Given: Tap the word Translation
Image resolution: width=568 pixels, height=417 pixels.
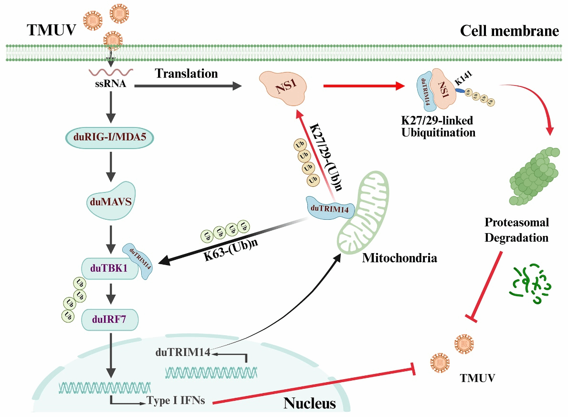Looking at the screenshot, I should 187,74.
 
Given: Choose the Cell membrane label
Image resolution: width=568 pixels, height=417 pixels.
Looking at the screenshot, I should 509,32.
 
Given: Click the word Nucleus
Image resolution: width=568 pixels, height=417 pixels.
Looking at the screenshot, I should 310,404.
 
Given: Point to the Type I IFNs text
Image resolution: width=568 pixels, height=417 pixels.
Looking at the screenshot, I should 176,400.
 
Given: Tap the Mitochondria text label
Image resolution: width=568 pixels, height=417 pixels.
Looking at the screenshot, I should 400,259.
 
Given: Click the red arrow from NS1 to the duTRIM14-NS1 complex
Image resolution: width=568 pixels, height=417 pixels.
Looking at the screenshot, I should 363,86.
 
